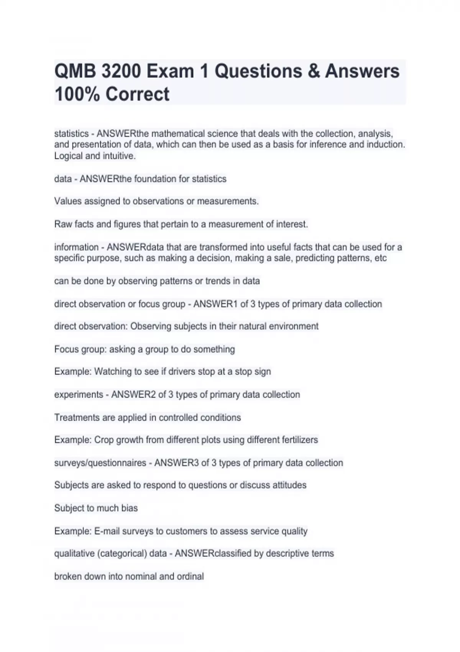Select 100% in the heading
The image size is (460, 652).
pyautogui.click(x=77, y=94)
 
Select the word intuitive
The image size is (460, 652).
pyautogui.click(x=119, y=156)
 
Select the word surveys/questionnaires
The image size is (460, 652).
pyautogui.click(x=100, y=463)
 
